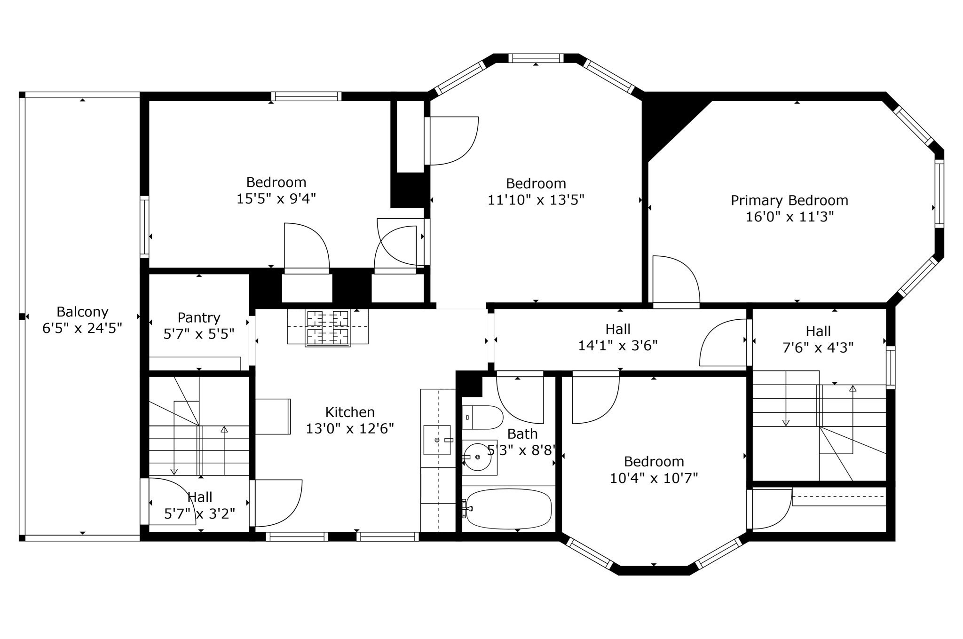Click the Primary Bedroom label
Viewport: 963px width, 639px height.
coord(789,200)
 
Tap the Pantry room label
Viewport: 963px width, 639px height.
coord(198,317)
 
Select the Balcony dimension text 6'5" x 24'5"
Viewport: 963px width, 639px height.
coord(82,328)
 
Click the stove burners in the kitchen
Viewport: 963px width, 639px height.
coord(328,328)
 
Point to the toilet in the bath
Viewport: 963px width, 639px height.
coord(484,417)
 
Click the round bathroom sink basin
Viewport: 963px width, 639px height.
coord(478,457)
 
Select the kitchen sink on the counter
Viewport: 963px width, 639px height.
coord(437,440)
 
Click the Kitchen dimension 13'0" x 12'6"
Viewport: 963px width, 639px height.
coord(350,428)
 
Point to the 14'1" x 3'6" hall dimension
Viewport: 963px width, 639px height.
coord(617,346)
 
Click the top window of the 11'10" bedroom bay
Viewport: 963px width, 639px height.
coord(536,58)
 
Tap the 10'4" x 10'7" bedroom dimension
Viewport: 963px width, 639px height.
coord(654,478)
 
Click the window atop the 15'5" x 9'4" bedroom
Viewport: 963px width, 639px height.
coord(306,96)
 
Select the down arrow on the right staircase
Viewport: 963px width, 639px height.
coord(786,422)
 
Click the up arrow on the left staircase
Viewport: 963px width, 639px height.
coord(224,430)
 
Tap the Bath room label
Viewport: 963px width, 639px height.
coord(522,434)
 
